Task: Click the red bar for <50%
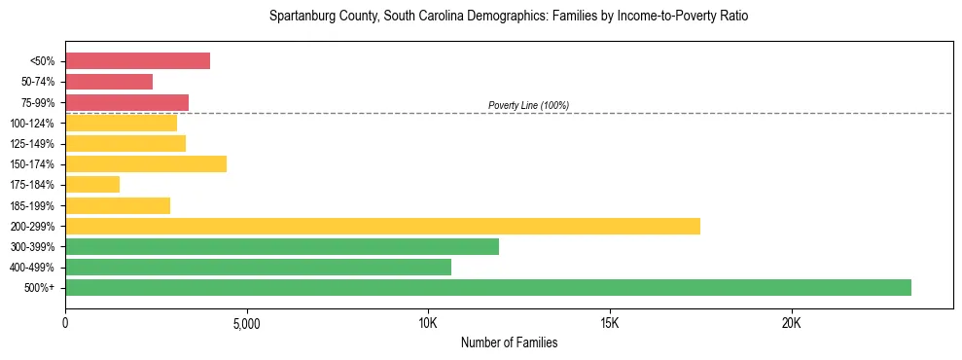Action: (137, 61)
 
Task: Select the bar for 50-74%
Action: (109, 82)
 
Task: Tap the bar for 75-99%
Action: (126, 102)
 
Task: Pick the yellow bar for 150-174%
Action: (146, 164)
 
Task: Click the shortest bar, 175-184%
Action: (92, 185)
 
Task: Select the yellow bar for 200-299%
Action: (382, 227)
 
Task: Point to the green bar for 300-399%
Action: (282, 247)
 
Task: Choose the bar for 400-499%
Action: (258, 268)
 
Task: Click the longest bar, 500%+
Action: (488, 288)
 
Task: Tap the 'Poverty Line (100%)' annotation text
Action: (528, 105)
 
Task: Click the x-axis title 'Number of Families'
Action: (509, 343)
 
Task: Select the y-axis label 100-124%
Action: (32, 124)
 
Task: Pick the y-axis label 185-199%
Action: (32, 206)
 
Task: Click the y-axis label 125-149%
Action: (32, 144)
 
